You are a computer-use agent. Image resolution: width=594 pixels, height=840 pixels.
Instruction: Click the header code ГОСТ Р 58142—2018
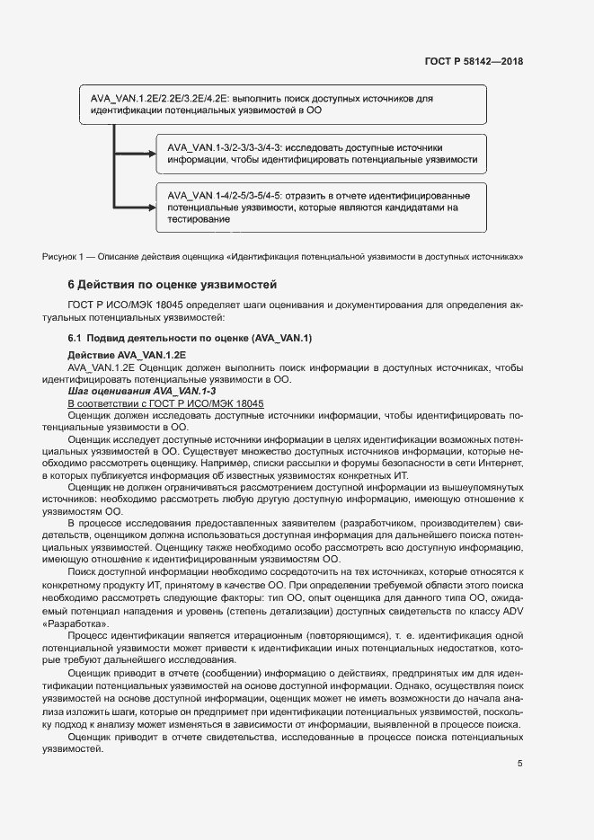(x=473, y=61)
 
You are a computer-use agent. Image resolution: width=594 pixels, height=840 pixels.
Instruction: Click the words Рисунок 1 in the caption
(x=63, y=257)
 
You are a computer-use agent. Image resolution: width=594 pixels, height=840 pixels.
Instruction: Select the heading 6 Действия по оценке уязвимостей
(x=172, y=285)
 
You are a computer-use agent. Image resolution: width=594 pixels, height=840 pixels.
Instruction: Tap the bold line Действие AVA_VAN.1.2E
(x=127, y=356)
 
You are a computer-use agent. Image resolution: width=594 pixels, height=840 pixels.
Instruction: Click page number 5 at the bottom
(x=519, y=765)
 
